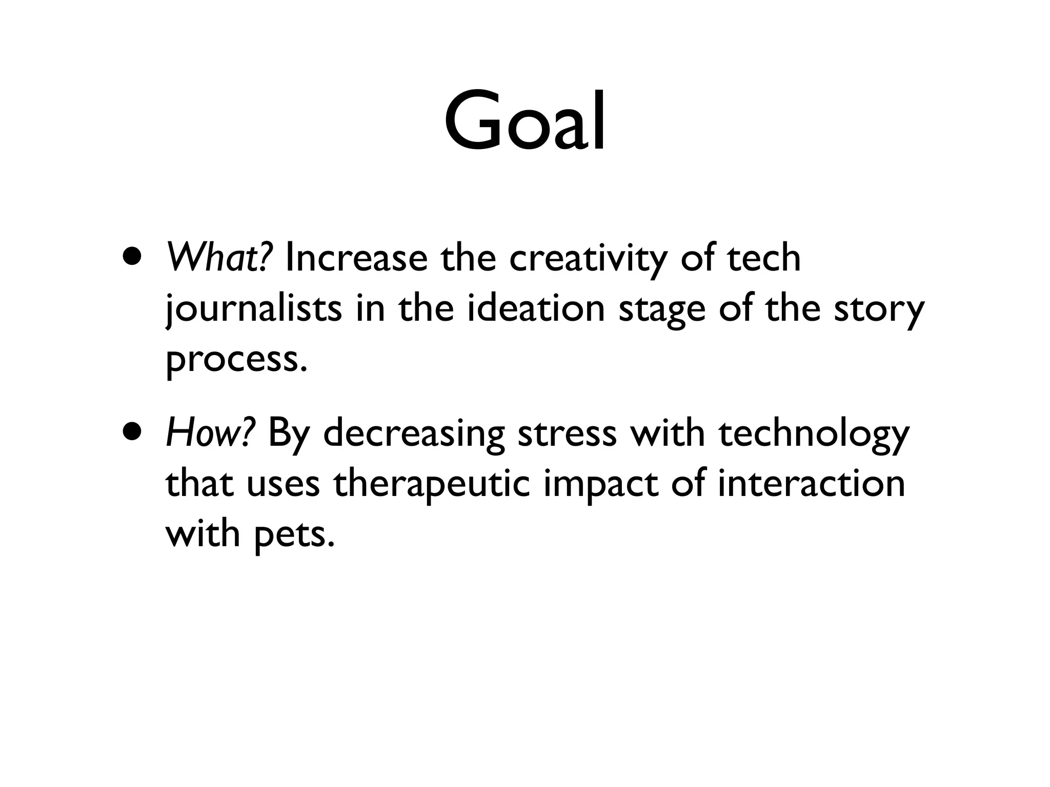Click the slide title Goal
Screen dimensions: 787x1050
click(x=524, y=122)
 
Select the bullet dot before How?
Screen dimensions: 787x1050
click(x=133, y=431)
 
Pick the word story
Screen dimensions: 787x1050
click(x=879, y=310)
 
